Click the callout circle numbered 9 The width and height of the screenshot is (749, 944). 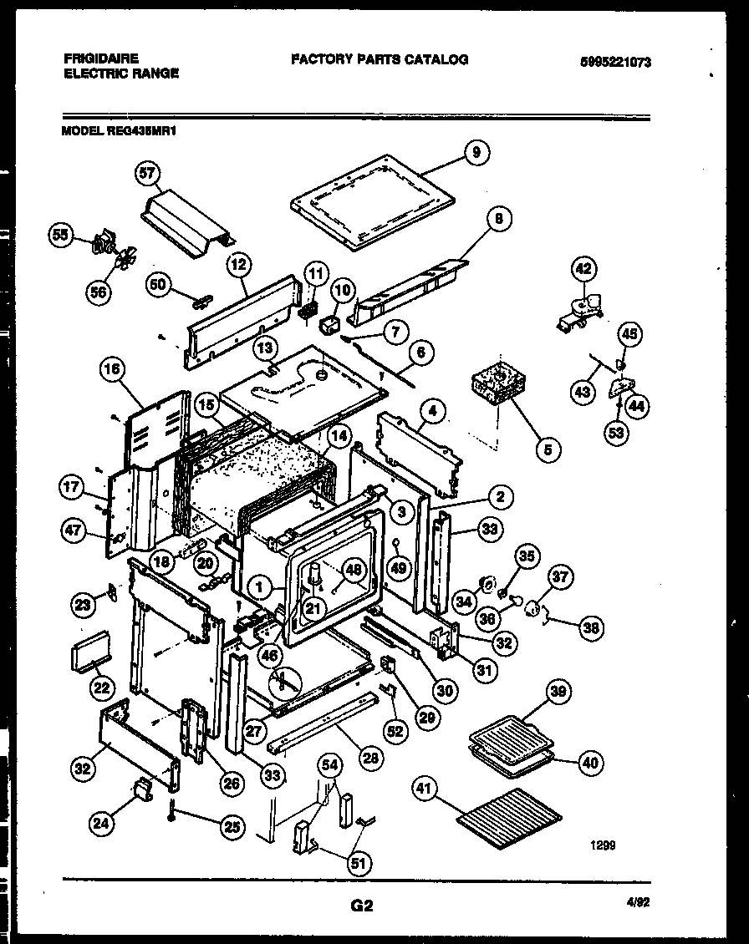tap(476, 152)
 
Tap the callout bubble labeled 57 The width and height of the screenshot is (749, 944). tap(147, 174)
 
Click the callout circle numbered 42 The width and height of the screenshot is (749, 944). tap(583, 269)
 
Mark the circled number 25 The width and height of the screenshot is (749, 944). tap(232, 827)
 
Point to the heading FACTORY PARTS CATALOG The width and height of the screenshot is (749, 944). tap(380, 59)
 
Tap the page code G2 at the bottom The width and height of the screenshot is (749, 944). tap(361, 905)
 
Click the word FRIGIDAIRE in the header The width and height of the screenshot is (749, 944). tap(101, 58)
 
